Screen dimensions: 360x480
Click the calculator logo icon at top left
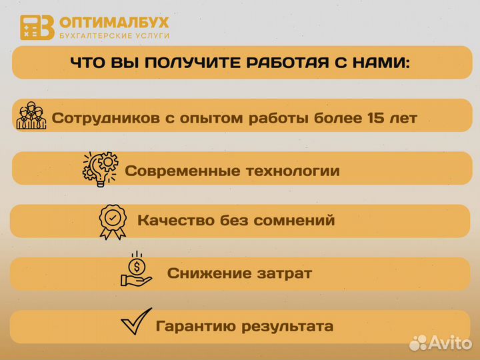point(37,27)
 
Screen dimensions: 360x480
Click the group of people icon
point(31,116)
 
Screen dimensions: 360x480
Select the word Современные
point(175,171)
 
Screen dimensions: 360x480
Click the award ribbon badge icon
point(113,219)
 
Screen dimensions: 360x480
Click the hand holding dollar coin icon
point(136,270)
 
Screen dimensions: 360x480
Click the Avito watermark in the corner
point(441,343)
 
